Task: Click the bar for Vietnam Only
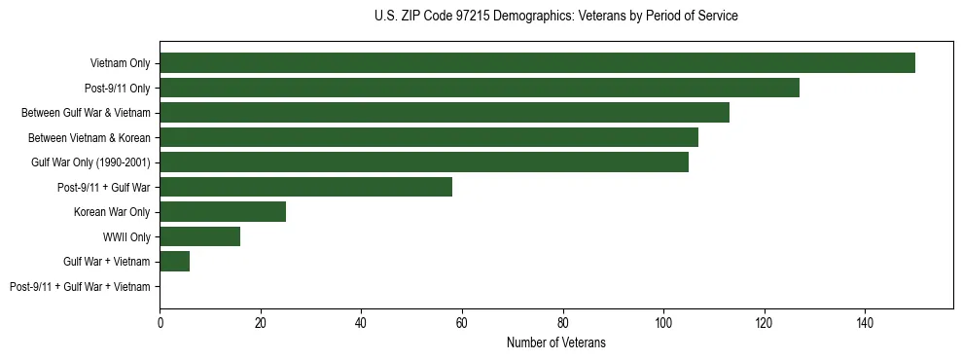[537, 63]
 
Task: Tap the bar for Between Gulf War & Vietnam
[445, 113]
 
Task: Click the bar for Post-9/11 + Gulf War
[305, 187]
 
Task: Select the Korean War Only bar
[223, 212]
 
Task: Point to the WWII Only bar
[199, 236]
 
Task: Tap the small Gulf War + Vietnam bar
[175, 262]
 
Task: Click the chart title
[555, 17]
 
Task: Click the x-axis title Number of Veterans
[555, 342]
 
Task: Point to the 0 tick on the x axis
[160, 321]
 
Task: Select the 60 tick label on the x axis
[462, 321]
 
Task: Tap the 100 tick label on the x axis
[663, 321]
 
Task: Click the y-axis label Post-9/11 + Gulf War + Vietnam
[80, 287]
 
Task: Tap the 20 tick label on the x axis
[261, 321]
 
